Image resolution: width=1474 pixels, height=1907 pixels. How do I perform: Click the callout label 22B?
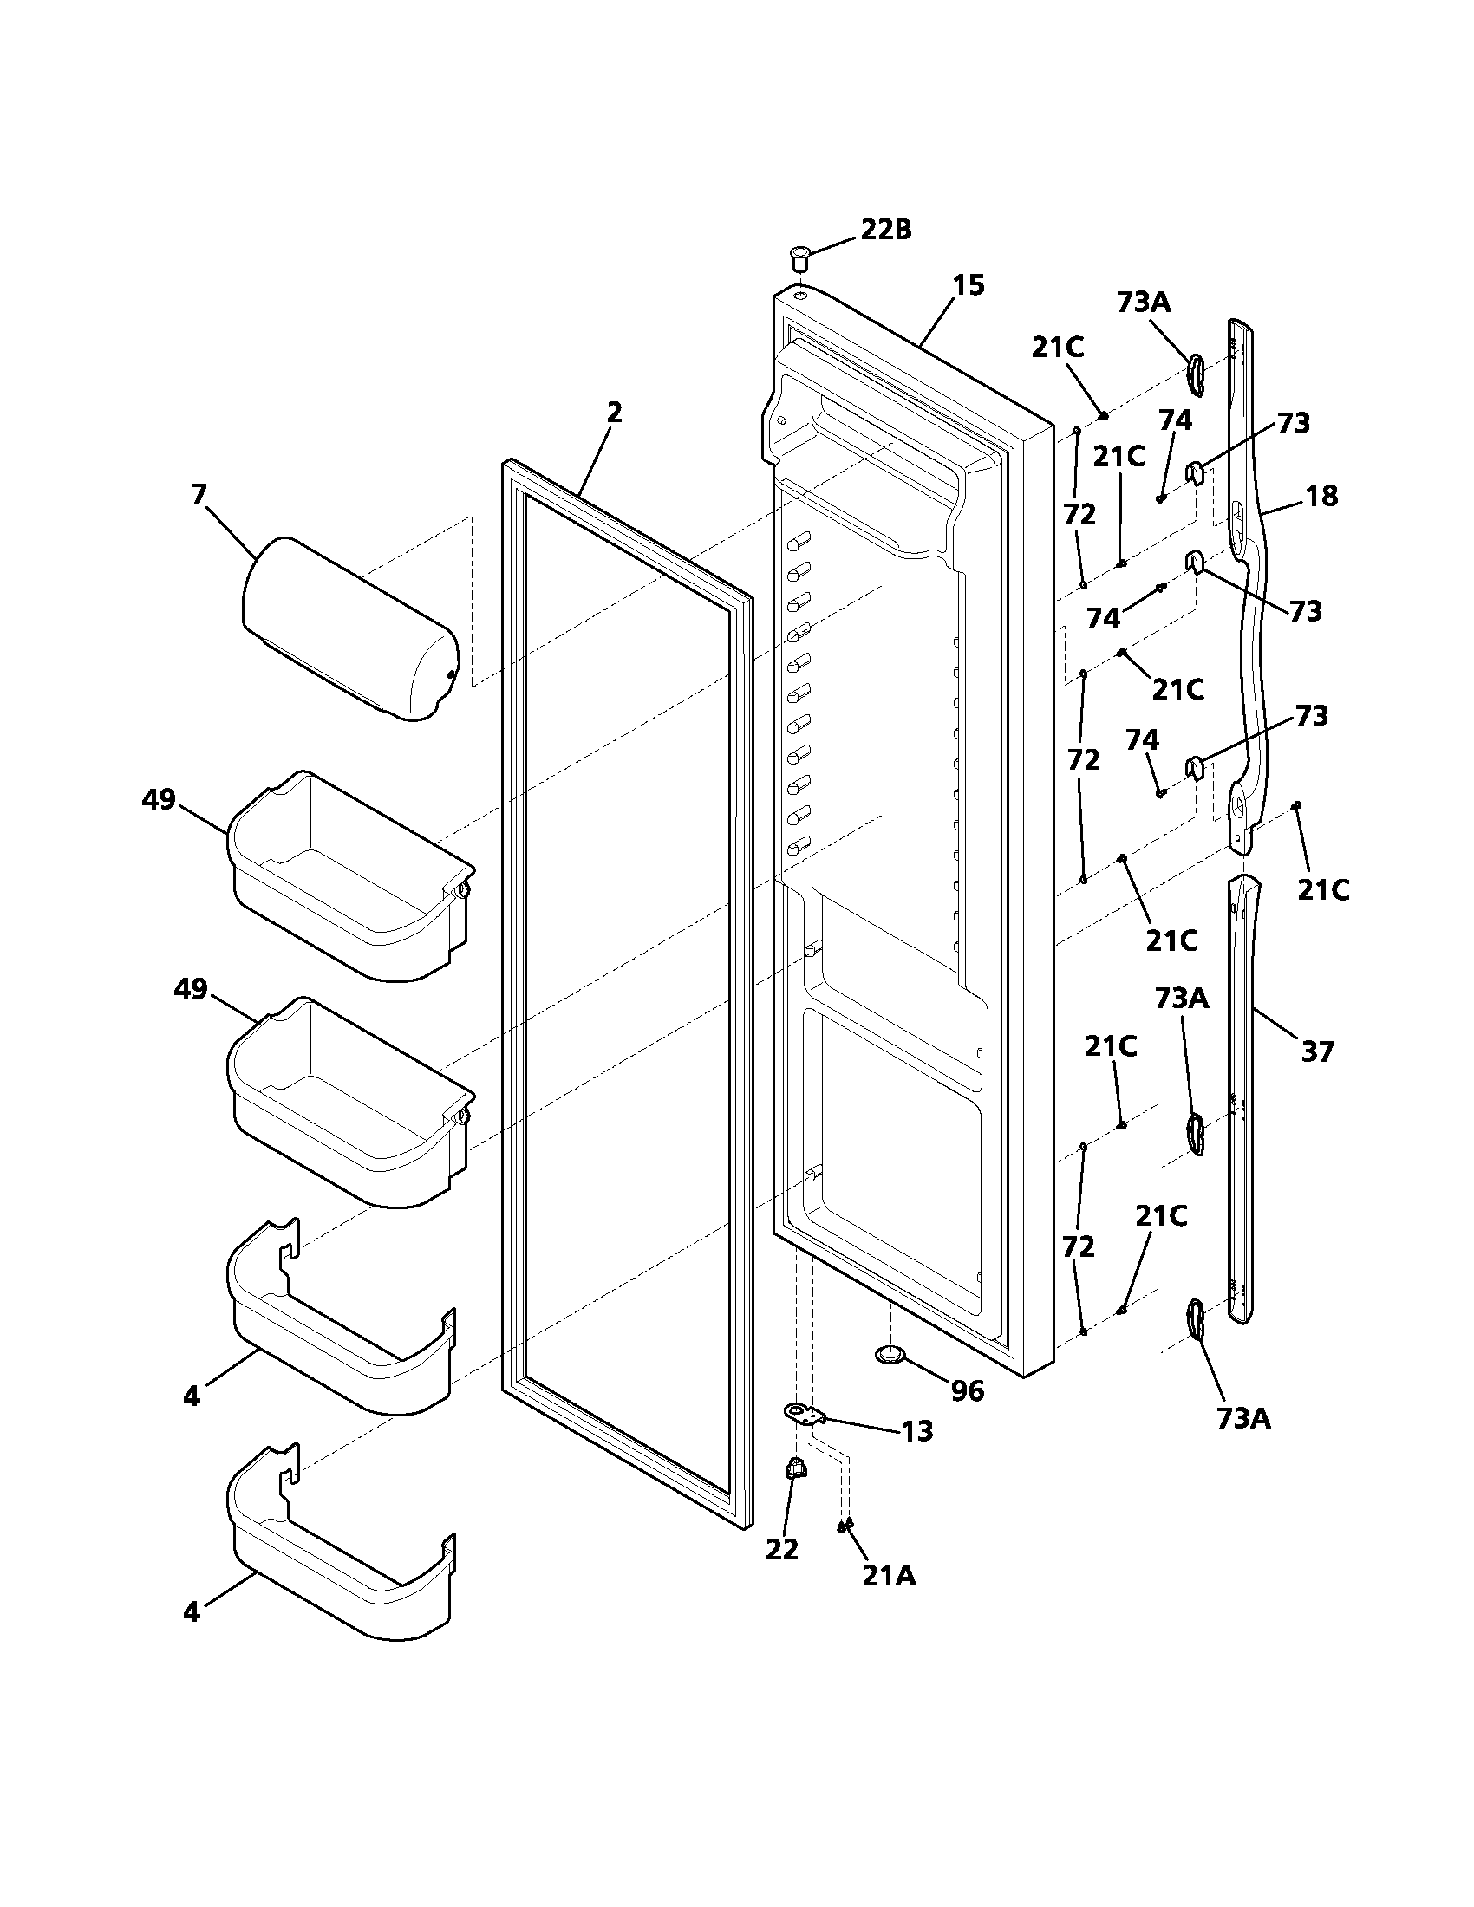coord(885,230)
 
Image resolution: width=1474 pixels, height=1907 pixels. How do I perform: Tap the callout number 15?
coord(968,284)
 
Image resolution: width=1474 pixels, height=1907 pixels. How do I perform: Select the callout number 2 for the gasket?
coord(614,412)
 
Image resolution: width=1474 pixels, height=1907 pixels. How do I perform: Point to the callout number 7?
coord(199,495)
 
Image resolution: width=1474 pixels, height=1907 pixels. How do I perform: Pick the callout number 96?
coord(967,1391)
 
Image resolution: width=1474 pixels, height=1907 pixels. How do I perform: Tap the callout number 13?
coord(916,1431)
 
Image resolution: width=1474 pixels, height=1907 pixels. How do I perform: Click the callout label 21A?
coord(889,1575)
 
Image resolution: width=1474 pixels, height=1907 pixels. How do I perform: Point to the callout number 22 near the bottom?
coord(781,1549)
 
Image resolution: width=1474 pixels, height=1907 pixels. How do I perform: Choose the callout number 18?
coord(1321,496)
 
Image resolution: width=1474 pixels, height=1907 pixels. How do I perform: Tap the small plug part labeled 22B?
coord(798,257)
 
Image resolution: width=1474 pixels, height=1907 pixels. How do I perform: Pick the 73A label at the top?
coord(1144,303)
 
